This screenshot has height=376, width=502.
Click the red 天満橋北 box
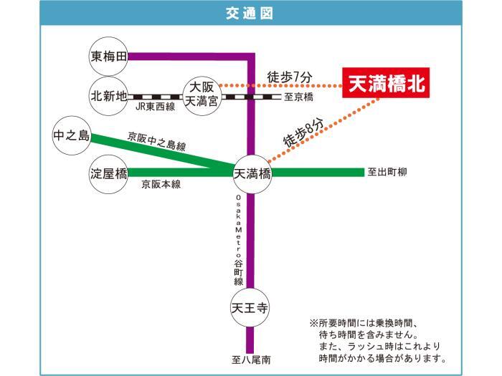click(386, 82)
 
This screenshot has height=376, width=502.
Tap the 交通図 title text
click(249, 14)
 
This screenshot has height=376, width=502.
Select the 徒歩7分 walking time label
click(290, 77)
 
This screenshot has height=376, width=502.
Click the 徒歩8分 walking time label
click(303, 133)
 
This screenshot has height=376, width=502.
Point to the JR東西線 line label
click(156, 107)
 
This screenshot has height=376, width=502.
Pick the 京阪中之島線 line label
click(156, 141)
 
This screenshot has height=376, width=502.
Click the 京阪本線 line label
click(161, 184)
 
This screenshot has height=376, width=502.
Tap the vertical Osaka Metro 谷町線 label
click(239, 240)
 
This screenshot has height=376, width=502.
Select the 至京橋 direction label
click(299, 97)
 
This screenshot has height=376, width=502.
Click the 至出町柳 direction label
click(387, 173)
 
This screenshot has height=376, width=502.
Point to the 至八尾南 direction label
click(251, 360)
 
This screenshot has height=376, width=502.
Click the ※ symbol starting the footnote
click(314, 323)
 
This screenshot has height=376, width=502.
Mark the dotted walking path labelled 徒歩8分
click(324, 130)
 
